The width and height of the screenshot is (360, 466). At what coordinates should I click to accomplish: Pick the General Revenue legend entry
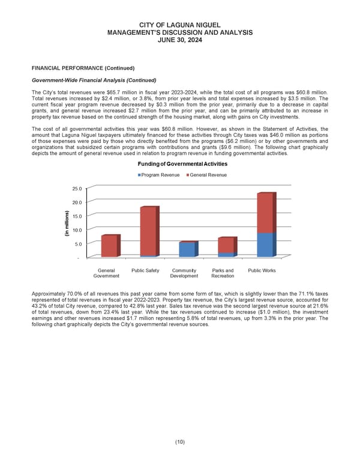pyautogui.click(x=208, y=175)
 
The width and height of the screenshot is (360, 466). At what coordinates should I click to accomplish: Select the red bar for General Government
pyautogui.click(x=109, y=246)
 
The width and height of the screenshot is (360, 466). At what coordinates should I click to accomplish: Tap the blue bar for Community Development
pyautogui.click(x=187, y=249)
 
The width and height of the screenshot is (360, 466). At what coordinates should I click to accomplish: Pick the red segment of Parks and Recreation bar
pyautogui.click(x=226, y=245)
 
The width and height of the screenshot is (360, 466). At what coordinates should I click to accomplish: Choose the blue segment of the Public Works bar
pyautogui.click(x=265, y=244)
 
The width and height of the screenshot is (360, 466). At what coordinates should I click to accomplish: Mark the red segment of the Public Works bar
pyautogui.click(x=265, y=213)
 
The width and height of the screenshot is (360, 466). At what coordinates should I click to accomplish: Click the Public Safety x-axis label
pyautogui.click(x=145, y=271)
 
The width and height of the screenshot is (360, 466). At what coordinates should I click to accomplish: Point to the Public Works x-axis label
pyautogui.click(x=262, y=271)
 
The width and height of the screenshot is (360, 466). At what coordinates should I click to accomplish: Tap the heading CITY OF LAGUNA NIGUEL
pyautogui.click(x=180, y=24)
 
